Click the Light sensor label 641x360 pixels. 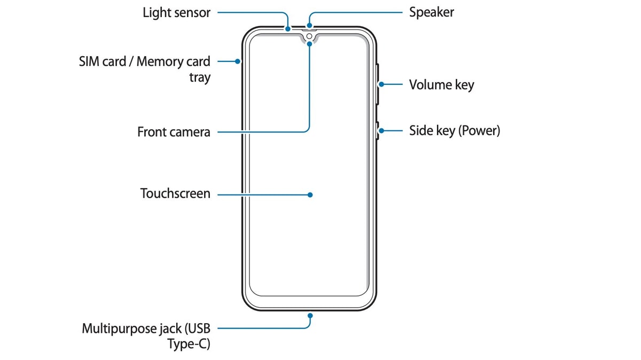tap(176, 12)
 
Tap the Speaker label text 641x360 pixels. tap(432, 12)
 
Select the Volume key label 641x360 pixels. tap(441, 84)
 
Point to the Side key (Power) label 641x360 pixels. tap(455, 130)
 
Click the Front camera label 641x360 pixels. tap(174, 131)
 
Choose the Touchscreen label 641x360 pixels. tap(175, 193)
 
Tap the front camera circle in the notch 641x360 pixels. tap(309, 37)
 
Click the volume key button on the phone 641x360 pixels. tap(377, 84)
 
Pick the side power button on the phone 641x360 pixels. tap(377, 130)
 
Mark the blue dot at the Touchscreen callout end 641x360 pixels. tap(310, 195)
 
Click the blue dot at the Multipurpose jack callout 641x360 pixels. tap(310, 316)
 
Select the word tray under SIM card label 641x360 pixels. tap(200, 77)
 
